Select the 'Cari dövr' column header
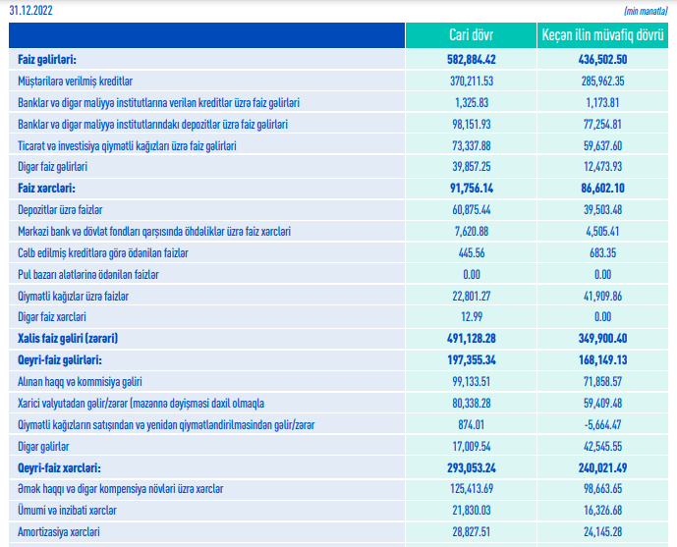(469, 36)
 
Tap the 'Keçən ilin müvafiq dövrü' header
(596, 36)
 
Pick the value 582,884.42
(469, 61)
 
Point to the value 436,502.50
(596, 61)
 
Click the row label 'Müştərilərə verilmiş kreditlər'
(76, 81)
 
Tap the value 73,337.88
(469, 145)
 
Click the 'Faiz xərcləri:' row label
(46, 188)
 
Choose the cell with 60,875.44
(469, 209)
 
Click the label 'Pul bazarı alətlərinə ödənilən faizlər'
(88, 274)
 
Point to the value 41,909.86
(596, 296)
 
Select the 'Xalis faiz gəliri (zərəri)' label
(68, 339)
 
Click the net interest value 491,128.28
(469, 339)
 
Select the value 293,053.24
(469, 467)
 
